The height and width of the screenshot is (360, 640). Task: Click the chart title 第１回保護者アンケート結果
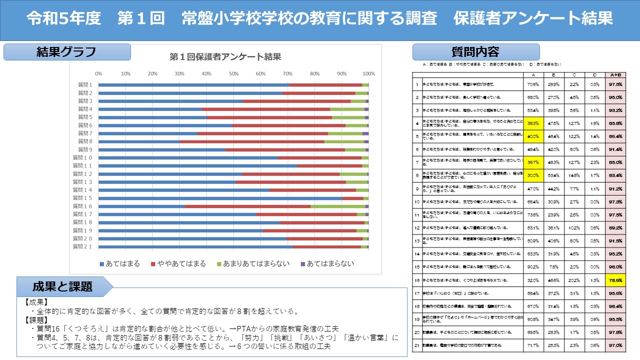225,56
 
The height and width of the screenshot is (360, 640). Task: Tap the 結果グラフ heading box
66,52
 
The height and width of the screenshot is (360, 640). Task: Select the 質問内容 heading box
475,52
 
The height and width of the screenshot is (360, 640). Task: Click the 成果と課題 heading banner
62,286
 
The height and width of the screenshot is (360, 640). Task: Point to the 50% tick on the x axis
233,73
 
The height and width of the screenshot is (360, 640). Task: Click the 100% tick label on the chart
368,73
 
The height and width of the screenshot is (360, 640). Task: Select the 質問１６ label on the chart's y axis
82,206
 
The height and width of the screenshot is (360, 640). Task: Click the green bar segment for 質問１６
337,206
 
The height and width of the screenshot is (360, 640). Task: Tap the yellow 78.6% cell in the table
615,280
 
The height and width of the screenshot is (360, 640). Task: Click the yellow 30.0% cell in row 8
532,175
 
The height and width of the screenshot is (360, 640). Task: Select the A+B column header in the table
615,75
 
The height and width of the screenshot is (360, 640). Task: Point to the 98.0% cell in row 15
615,266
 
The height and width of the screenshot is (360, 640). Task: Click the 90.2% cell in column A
532,266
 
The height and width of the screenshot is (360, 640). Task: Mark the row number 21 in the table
417,345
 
